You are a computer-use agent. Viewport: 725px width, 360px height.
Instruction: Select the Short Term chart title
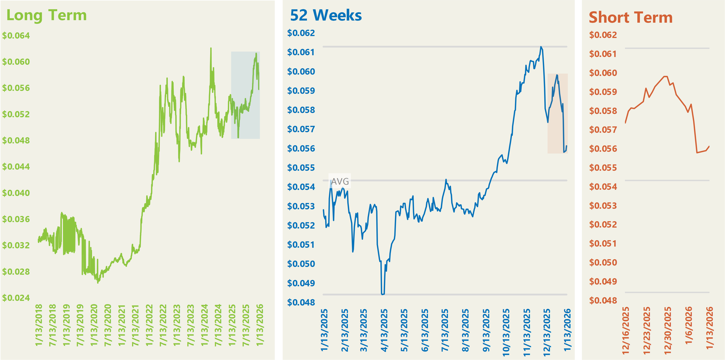click(630, 17)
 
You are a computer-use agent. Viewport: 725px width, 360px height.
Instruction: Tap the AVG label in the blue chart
click(340, 181)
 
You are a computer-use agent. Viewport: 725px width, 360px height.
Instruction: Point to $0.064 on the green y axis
click(16, 36)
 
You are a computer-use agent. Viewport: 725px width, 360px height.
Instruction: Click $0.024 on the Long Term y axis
click(16, 298)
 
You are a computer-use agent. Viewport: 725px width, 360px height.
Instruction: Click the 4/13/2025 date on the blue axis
click(384, 330)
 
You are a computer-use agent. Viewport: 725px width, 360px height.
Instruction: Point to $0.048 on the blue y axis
click(301, 302)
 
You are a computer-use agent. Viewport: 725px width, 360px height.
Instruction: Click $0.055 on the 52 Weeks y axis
click(301, 168)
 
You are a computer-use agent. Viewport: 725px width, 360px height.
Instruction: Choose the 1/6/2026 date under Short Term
click(688, 325)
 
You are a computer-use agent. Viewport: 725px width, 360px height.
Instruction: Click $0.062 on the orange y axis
click(603, 35)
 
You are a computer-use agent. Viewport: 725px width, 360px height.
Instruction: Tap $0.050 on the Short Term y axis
click(603, 262)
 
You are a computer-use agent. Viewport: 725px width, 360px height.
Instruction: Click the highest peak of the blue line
click(541, 47)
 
